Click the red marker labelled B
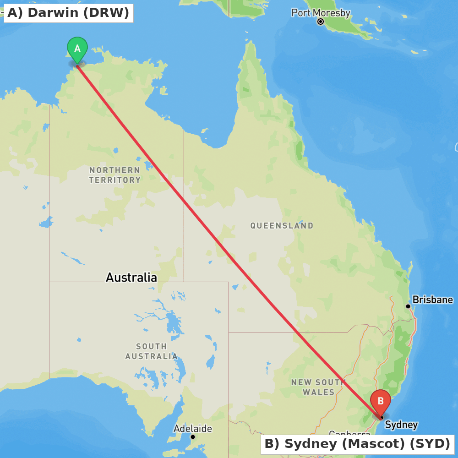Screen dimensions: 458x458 click(381, 401)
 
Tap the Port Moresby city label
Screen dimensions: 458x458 click(321, 12)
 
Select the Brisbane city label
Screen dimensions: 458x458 click(432, 300)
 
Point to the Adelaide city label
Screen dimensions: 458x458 click(192, 429)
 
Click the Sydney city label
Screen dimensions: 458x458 click(401, 425)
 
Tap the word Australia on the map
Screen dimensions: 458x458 click(131, 277)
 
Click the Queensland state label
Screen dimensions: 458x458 click(282, 225)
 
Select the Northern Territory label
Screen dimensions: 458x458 click(114, 175)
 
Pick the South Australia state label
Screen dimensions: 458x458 click(151, 351)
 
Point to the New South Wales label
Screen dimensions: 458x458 click(318, 387)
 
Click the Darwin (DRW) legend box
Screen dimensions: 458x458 click(68, 13)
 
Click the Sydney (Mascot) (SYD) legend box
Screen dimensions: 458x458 click(357, 444)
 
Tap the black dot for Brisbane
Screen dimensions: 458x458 click(408, 306)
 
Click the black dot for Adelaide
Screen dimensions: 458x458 click(193, 437)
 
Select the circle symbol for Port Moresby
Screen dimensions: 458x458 click(321, 22)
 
